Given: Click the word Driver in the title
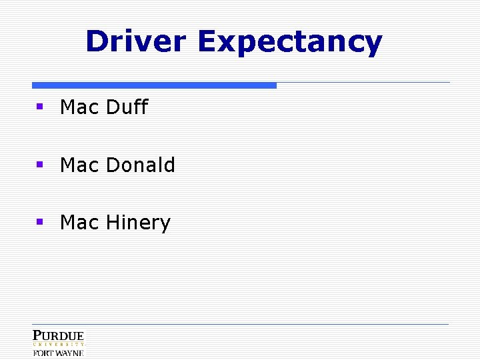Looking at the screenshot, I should pyautogui.click(x=135, y=41).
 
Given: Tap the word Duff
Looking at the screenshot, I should pyautogui.click(x=127, y=107).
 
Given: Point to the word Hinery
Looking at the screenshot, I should pyautogui.click(x=138, y=223).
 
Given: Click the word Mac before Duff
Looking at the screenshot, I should pyautogui.click(x=79, y=107).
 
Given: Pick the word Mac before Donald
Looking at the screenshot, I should pyautogui.click(x=79, y=165).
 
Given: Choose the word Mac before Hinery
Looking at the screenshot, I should pyautogui.click(x=79, y=223).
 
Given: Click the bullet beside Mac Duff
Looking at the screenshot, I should pyautogui.click(x=40, y=106).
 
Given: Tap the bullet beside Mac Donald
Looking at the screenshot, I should pyautogui.click(x=40, y=164).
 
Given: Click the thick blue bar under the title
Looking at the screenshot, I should pyautogui.click(x=154, y=85).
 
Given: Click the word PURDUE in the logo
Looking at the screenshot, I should pyautogui.click(x=59, y=336).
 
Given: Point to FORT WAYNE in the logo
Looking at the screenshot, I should pyautogui.click(x=59, y=353).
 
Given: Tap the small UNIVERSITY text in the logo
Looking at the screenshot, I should pyautogui.click(x=59, y=345).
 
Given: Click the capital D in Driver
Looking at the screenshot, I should pyautogui.click(x=97, y=41).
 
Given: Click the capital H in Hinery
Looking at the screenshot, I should pyautogui.click(x=113, y=223).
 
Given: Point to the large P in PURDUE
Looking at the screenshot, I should pyautogui.click(x=37, y=335).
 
